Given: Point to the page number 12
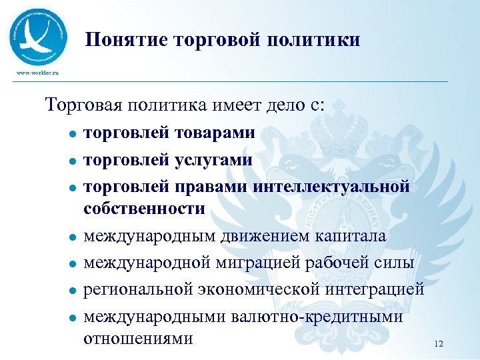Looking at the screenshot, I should pos(438,343).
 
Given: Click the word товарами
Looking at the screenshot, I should pos(215,133).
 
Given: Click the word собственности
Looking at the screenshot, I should pos(145,209).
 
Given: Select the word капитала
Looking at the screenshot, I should pos(353,236).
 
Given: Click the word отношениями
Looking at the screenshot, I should pos(139,338).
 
